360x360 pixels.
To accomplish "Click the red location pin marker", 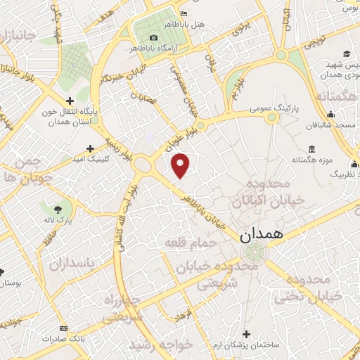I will coord(181,165).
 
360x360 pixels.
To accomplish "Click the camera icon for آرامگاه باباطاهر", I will coord(154,37).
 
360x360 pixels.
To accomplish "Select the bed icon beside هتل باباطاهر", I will coord(184,13).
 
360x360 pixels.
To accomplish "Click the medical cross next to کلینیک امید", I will coord(89,148).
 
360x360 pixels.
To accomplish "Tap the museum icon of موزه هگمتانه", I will coord(311,149).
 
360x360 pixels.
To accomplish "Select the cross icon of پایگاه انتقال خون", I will coord(70,100).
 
